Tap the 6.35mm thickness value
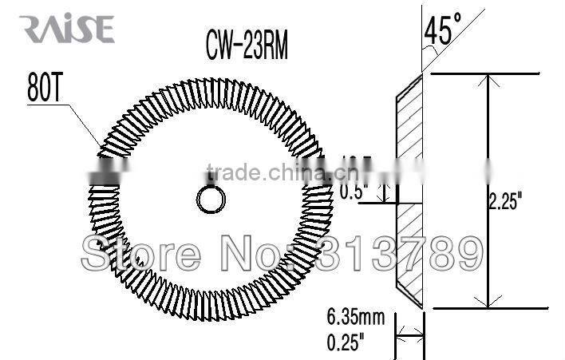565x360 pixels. point(356,318)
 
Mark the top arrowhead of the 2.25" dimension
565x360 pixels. point(488,81)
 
